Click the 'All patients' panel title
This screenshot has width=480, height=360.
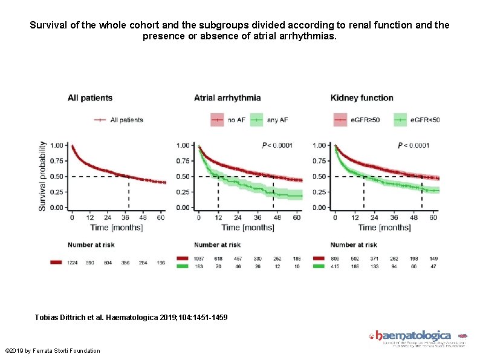pyautogui.click(x=89, y=97)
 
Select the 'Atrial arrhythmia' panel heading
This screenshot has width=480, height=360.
pyautogui.click(x=227, y=97)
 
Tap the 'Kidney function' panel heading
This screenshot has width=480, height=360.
pyautogui.click(x=362, y=97)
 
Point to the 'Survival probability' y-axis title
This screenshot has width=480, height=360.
pyautogui.click(x=42, y=176)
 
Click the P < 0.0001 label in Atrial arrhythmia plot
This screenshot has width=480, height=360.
pyautogui.click(x=277, y=145)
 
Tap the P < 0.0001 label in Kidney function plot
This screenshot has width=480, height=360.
pyautogui.click(x=414, y=145)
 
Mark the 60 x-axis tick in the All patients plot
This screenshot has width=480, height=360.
pyautogui.click(x=161, y=217)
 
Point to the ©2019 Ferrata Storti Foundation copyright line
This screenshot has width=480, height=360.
pyautogui.click(x=52, y=351)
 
